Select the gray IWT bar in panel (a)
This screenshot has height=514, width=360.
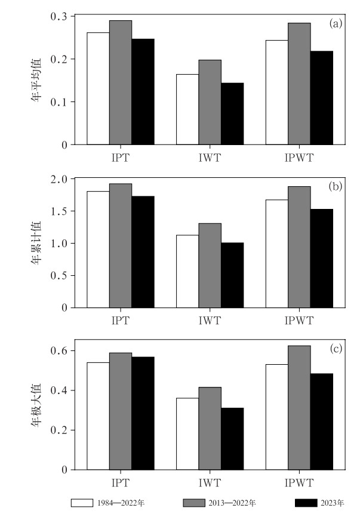click(x=210, y=102)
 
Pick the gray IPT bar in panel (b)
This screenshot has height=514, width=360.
click(x=121, y=245)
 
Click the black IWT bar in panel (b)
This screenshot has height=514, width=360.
click(x=232, y=275)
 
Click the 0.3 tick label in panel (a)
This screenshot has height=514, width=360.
click(x=59, y=16)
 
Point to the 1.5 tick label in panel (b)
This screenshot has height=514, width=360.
click(x=59, y=211)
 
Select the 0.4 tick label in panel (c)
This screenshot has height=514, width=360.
click(x=59, y=390)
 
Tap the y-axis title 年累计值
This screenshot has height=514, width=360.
click(x=37, y=243)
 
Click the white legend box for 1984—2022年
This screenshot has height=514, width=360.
click(x=81, y=503)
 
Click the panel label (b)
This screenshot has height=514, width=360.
click(x=336, y=186)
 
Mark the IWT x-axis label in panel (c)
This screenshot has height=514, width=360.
click(x=210, y=481)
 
